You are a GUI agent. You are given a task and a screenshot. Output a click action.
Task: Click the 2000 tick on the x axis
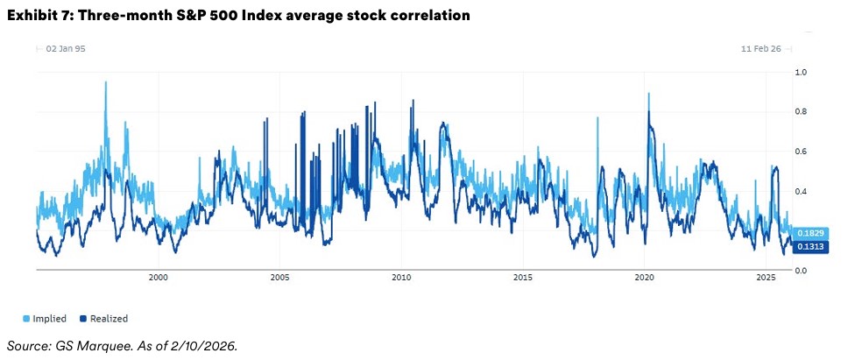coord(159,278)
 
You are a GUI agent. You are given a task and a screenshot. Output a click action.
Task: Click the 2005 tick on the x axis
coord(279,278)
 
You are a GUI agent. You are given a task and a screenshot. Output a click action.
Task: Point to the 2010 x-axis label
coord(401,278)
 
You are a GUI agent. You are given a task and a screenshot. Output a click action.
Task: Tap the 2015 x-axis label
coord(523,278)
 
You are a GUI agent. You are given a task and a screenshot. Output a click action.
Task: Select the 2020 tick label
coord(644,278)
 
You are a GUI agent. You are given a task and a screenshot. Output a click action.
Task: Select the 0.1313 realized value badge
coord(806,247)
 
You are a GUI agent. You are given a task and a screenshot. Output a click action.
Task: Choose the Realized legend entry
coord(102,319)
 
